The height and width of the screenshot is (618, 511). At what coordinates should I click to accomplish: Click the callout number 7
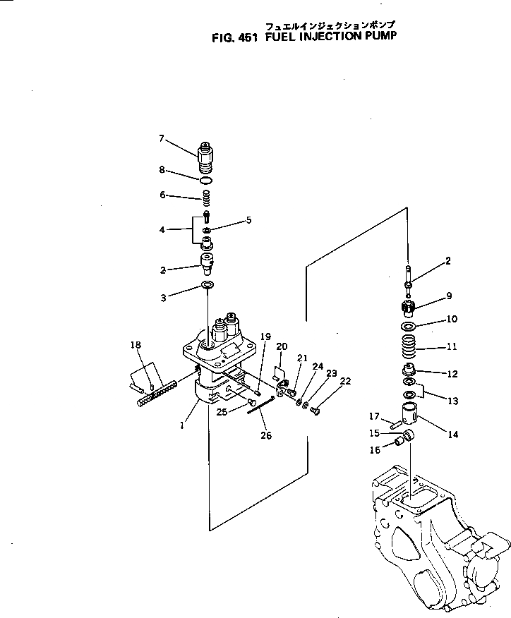coord(161,139)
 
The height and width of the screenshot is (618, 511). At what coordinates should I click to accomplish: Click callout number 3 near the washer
coord(163,298)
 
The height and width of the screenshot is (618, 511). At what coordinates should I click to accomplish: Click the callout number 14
coord(452,435)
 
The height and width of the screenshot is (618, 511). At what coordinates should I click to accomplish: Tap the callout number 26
coord(265,435)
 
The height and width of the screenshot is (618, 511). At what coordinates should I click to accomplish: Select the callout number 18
coord(136,345)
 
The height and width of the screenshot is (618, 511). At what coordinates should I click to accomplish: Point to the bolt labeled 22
coord(314,411)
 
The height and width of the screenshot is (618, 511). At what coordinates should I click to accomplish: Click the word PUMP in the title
coord(373,40)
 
